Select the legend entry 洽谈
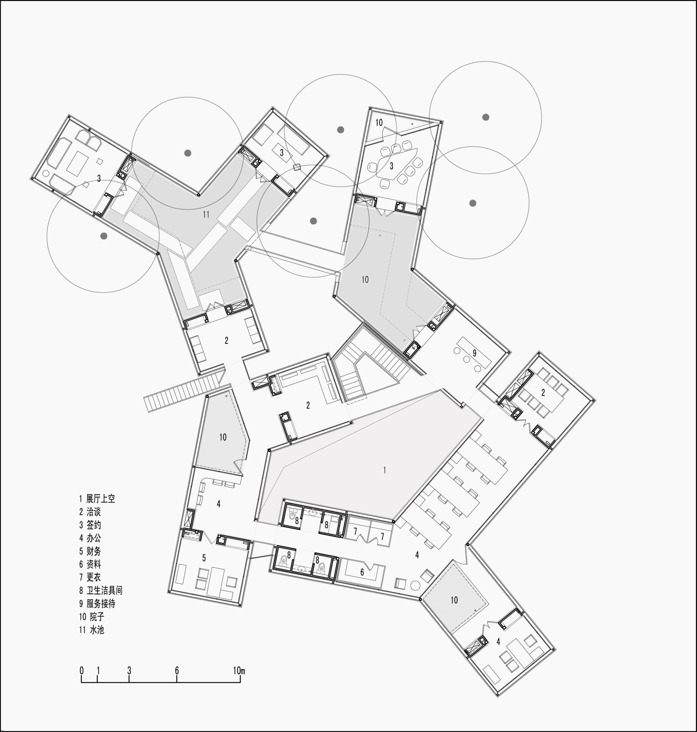(x=90, y=512)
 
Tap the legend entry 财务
(x=90, y=551)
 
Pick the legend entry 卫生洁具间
(x=100, y=590)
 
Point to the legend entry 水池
(x=91, y=630)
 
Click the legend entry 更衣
(x=90, y=577)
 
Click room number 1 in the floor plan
(x=384, y=470)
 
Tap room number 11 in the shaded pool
(x=206, y=214)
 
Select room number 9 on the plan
(x=474, y=353)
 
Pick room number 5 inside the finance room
(x=204, y=558)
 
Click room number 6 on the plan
(x=362, y=572)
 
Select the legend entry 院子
(x=91, y=616)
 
